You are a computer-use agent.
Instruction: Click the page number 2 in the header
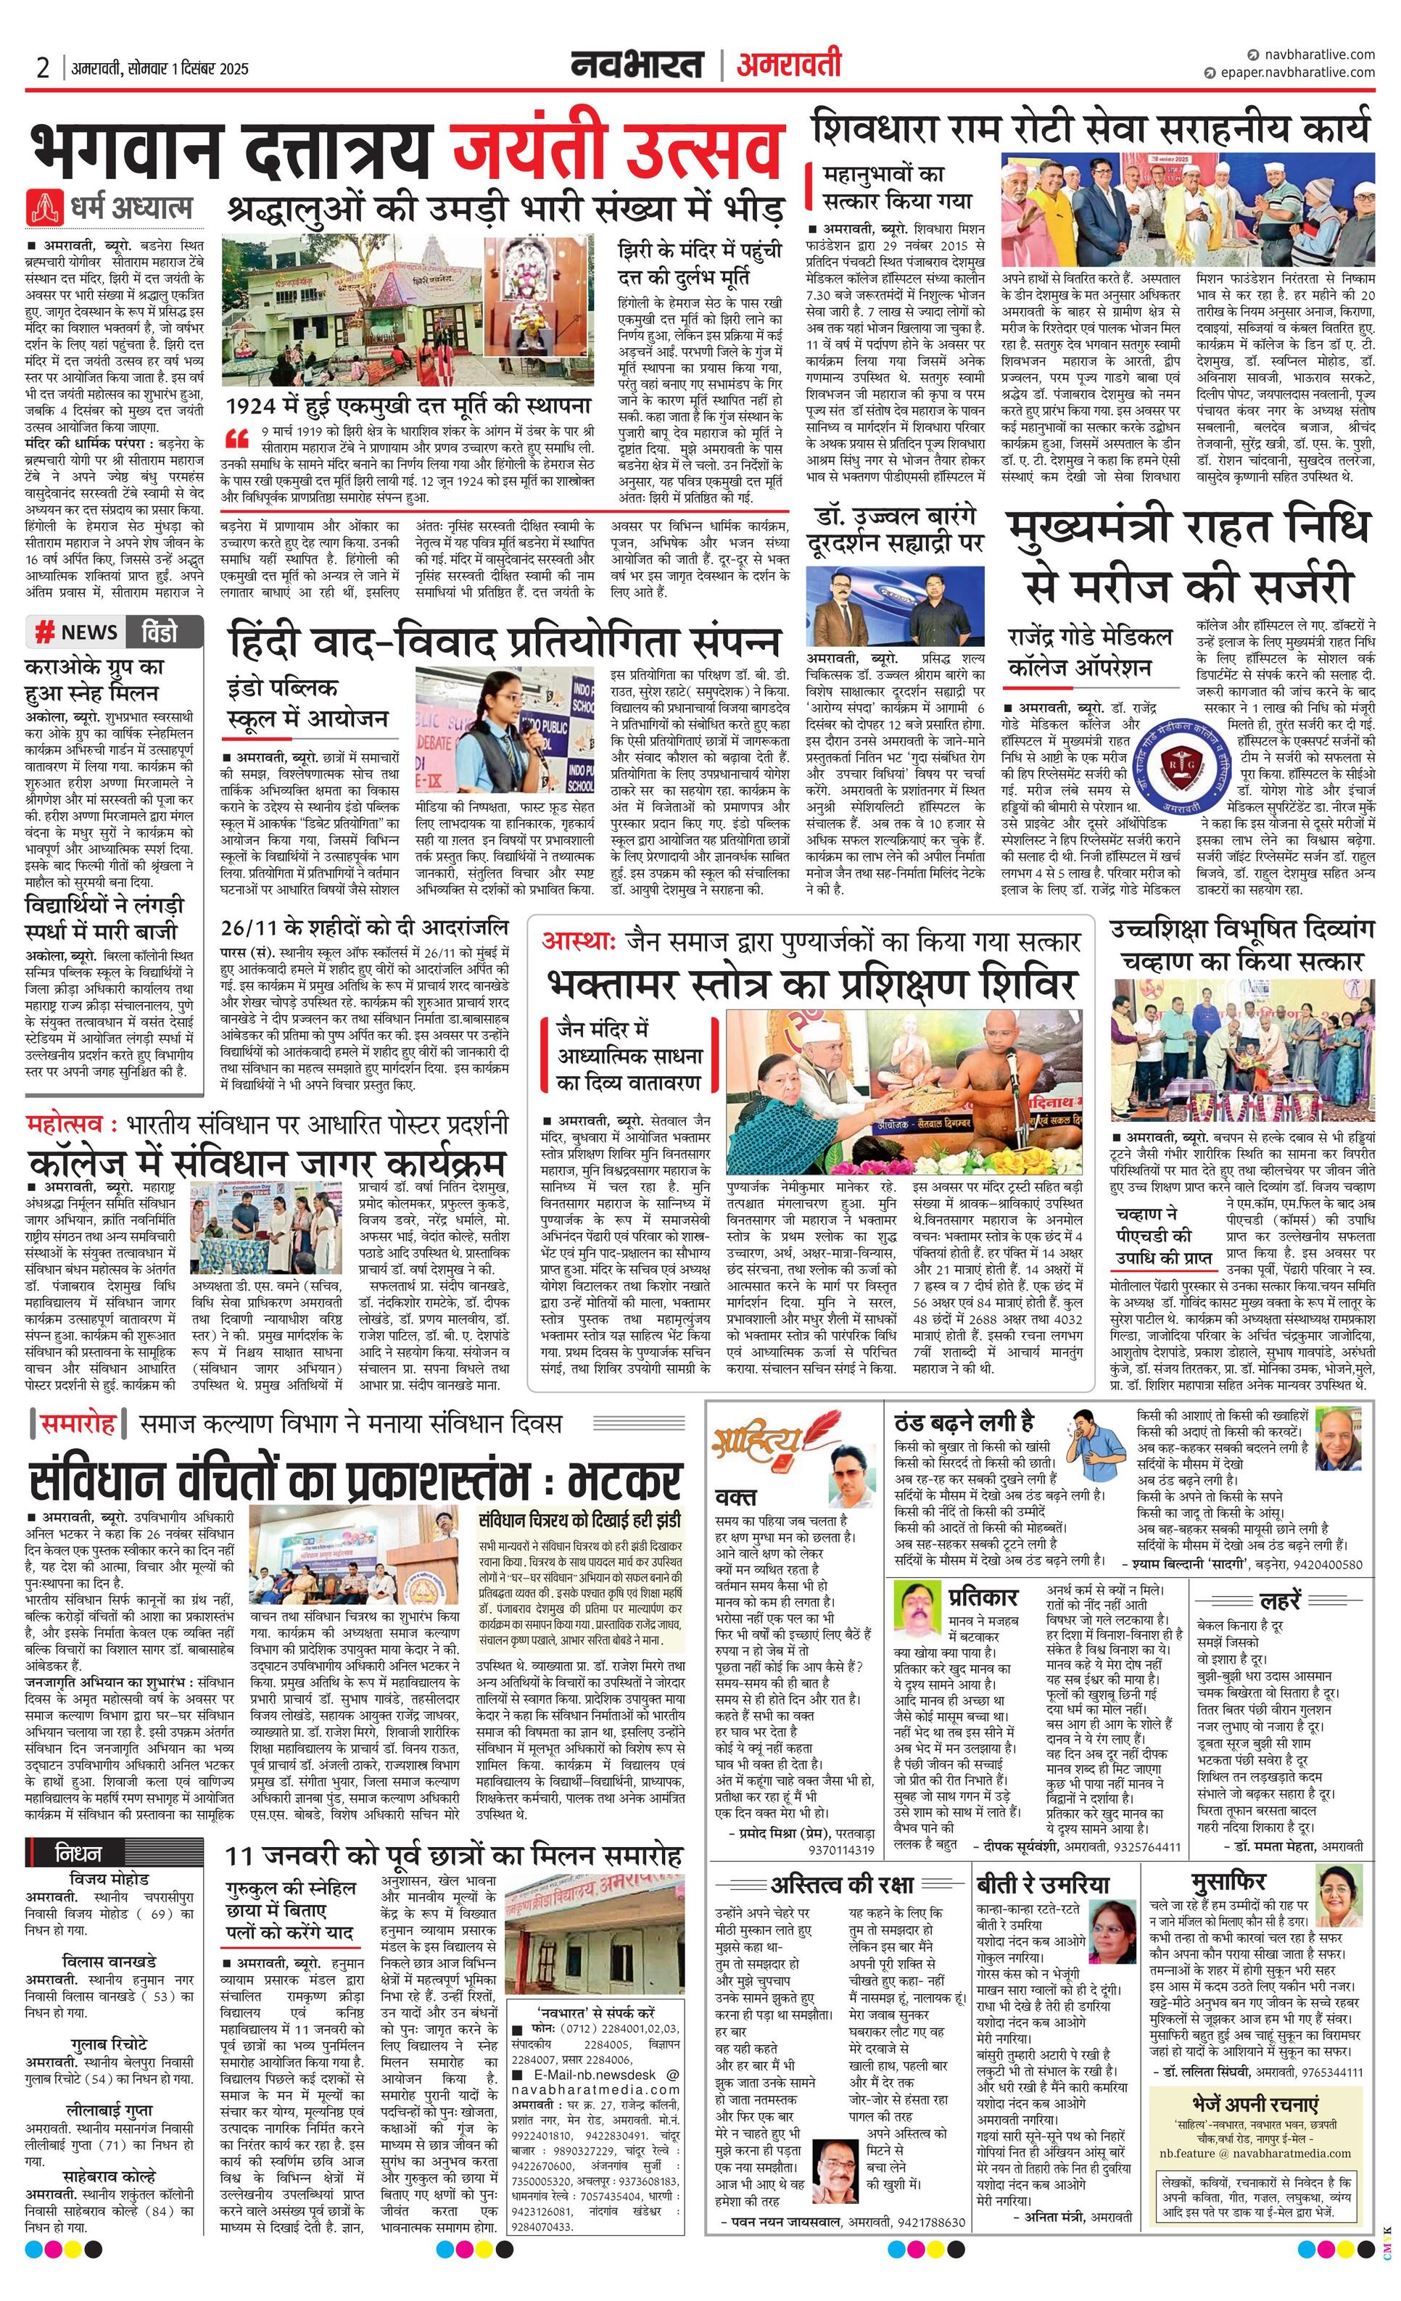(42, 68)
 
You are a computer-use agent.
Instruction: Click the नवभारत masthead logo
(638, 65)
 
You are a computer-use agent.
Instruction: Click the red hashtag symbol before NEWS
(44, 632)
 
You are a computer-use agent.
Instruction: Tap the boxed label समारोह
(78, 1424)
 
